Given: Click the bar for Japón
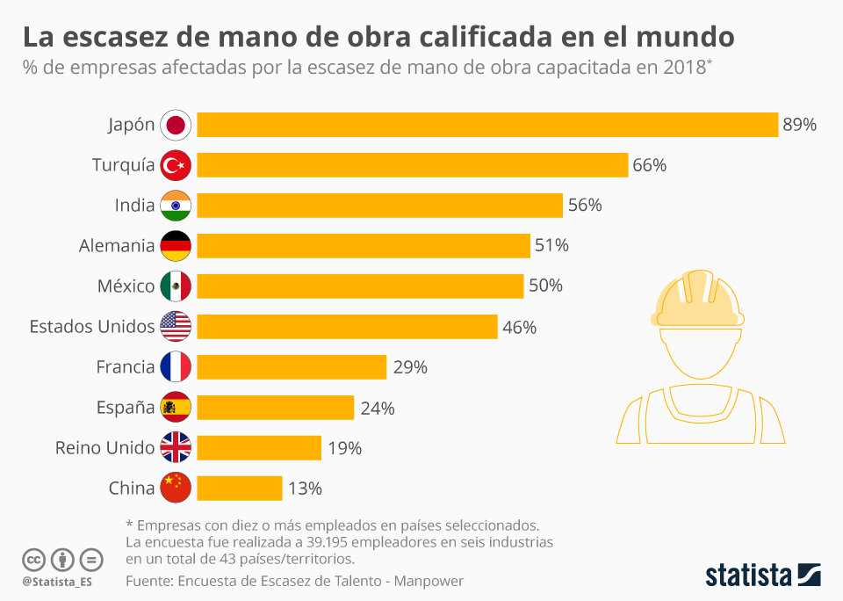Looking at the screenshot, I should coord(487,125).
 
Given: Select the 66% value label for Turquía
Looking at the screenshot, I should coord(649,165).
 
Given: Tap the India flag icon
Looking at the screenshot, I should coord(176,206).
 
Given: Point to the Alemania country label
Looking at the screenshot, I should coord(117,246).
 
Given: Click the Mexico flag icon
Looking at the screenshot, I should coord(176,286).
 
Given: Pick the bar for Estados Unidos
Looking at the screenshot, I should coord(347,327).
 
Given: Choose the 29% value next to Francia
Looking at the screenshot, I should coord(410,367).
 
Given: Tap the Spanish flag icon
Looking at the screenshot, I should coord(176,408).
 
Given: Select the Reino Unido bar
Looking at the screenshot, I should coord(259,448).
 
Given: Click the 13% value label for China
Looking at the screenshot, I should coord(305,489).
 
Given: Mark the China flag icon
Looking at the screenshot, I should coord(176,489).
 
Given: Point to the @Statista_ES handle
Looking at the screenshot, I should coord(57,582).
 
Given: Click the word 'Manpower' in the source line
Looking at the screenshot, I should coord(429,581).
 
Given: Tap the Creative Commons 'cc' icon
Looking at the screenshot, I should coord(33,559).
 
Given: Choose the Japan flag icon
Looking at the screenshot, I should coord(176,125).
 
